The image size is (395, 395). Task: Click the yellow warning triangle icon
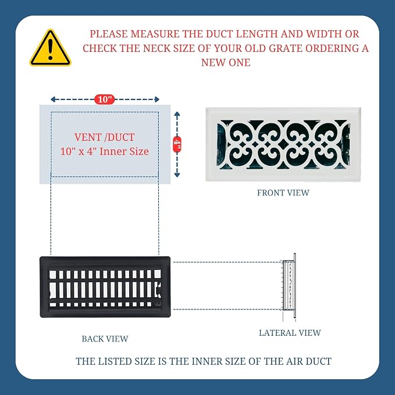click(50, 48)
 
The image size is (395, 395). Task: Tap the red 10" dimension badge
click(105, 99)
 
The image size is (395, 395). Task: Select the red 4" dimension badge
click(177, 144)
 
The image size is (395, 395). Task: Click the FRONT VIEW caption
click(283, 193)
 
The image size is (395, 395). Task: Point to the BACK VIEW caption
click(105, 339)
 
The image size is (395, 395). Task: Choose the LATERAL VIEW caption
click(290, 333)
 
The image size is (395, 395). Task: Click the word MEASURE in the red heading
click(155, 34)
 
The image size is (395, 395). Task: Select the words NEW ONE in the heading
click(226, 62)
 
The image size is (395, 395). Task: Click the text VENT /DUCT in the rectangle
click(104, 137)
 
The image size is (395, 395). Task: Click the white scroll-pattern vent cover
click(283, 144)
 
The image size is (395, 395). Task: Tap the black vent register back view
click(105, 287)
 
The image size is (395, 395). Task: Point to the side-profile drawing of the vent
click(289, 287)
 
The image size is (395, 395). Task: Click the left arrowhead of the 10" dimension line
click(53, 99)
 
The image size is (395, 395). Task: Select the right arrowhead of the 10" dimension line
click(156, 99)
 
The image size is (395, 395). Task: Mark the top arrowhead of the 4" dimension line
click(177, 114)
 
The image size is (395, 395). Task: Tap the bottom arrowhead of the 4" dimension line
click(177, 175)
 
